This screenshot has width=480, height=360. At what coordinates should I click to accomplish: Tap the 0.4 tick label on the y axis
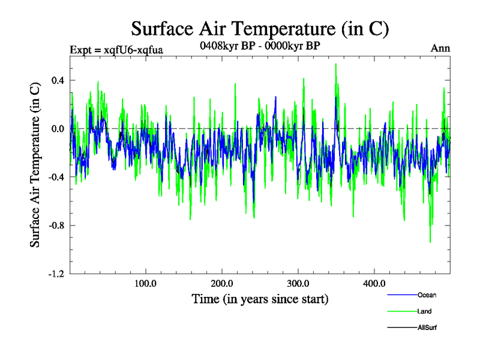click(58, 80)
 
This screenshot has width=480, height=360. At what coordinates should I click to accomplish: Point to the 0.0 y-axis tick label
click(58, 128)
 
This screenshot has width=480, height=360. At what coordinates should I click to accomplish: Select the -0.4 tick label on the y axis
click(56, 177)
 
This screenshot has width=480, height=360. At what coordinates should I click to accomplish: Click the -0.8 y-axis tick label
click(56, 226)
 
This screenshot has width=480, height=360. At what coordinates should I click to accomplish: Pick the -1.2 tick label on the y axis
click(56, 274)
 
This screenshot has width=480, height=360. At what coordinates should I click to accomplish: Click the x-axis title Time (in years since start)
click(260, 299)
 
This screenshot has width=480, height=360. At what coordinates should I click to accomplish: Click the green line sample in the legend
click(402, 311)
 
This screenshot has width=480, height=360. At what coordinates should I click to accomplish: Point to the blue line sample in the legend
click(402, 295)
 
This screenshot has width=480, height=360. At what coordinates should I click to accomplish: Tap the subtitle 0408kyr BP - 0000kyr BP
click(259, 44)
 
